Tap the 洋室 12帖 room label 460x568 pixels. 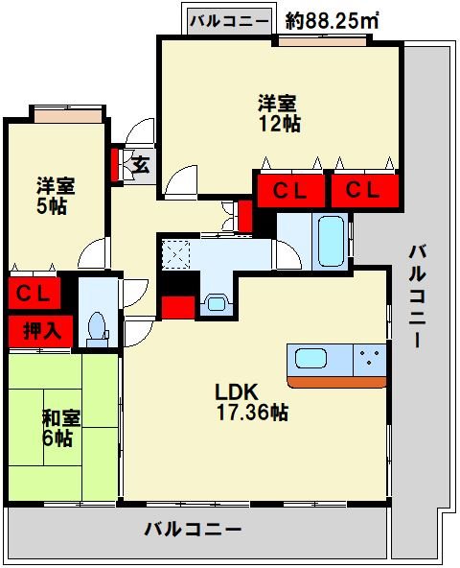pyautogui.click(x=279, y=112)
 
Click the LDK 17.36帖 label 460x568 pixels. pyautogui.click(x=250, y=402)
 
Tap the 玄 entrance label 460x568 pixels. pyautogui.click(x=140, y=165)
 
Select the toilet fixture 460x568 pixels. pyautogui.click(x=96, y=326)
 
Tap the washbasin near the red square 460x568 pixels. pyautogui.click(x=216, y=304)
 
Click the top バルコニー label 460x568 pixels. pyautogui.click(x=229, y=20)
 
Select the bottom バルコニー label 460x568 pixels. pyautogui.click(x=193, y=529)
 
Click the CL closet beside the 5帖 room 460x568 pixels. pyautogui.click(x=33, y=291)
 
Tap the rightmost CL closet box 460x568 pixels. pyautogui.click(x=363, y=190)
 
